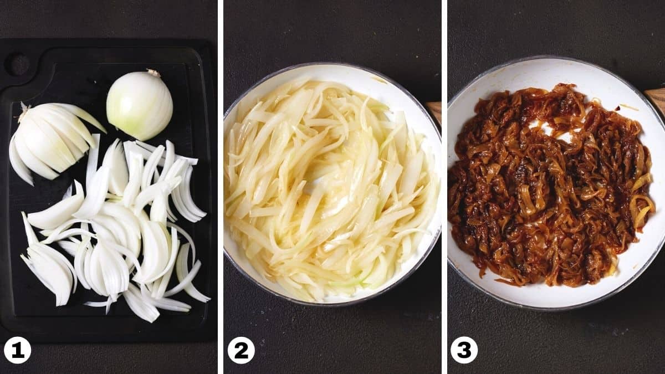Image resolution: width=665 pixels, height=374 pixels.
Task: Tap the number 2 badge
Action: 241,351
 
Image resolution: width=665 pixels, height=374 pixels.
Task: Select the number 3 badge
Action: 464,350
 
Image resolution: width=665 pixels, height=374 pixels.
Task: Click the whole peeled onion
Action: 140,105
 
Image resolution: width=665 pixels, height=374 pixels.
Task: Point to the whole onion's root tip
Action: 154,73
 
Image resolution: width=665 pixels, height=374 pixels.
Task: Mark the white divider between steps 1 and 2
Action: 221,187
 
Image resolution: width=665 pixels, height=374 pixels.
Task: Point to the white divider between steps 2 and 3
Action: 444,187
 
